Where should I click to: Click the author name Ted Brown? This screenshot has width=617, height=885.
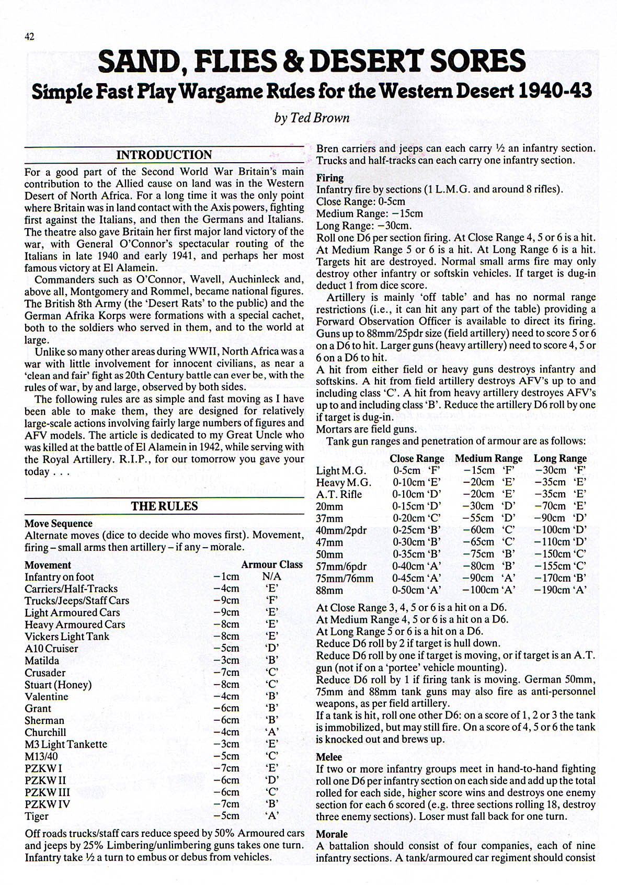(312, 118)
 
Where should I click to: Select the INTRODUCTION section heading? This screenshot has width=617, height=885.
(164, 155)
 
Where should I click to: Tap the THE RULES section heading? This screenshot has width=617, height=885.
(164, 506)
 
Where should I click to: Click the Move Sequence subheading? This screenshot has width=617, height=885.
(59, 524)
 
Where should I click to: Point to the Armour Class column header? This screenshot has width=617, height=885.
(271, 564)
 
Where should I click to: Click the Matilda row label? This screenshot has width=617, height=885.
(42, 661)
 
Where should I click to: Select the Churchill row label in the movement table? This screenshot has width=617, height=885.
(45, 732)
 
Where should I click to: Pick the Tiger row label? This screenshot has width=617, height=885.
(37, 816)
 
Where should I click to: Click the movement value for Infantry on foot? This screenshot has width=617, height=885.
(226, 576)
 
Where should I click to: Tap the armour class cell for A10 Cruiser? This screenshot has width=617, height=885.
(272, 649)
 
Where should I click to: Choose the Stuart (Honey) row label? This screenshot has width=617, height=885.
(58, 685)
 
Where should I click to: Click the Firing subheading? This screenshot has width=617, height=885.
(330, 178)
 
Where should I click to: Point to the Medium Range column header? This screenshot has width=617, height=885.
(488, 459)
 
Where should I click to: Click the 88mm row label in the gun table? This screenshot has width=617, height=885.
(329, 591)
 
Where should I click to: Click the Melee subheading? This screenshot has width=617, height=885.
(329, 757)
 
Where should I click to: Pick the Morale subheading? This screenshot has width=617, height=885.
(332, 834)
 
